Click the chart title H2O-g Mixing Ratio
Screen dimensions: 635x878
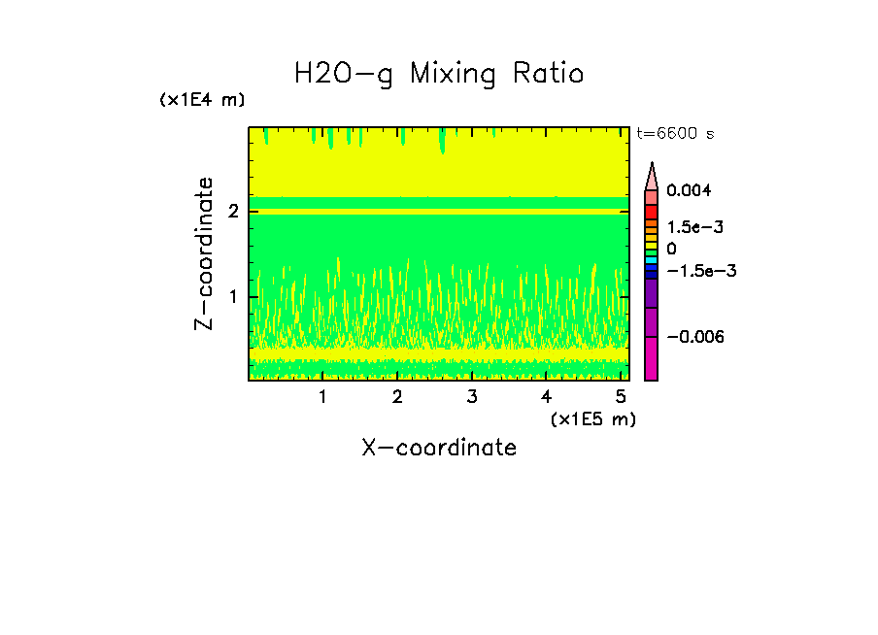[439, 74]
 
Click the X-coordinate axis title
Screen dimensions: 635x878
[439, 448]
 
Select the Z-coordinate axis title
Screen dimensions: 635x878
[204, 253]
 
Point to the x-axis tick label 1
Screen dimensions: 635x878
[322, 397]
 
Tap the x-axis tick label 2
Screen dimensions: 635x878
[397, 397]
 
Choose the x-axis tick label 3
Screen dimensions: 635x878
[472, 397]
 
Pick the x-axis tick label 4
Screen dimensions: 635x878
[546, 397]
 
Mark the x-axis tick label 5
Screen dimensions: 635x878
[621, 397]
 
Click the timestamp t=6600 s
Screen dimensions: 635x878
[675, 134]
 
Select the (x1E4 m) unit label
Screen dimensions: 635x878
[202, 100]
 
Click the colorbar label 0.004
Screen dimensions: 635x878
[689, 190]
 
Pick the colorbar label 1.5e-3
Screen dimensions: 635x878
[689, 227]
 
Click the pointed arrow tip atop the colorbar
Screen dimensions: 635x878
[652, 167]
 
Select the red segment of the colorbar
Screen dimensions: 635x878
[652, 211]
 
